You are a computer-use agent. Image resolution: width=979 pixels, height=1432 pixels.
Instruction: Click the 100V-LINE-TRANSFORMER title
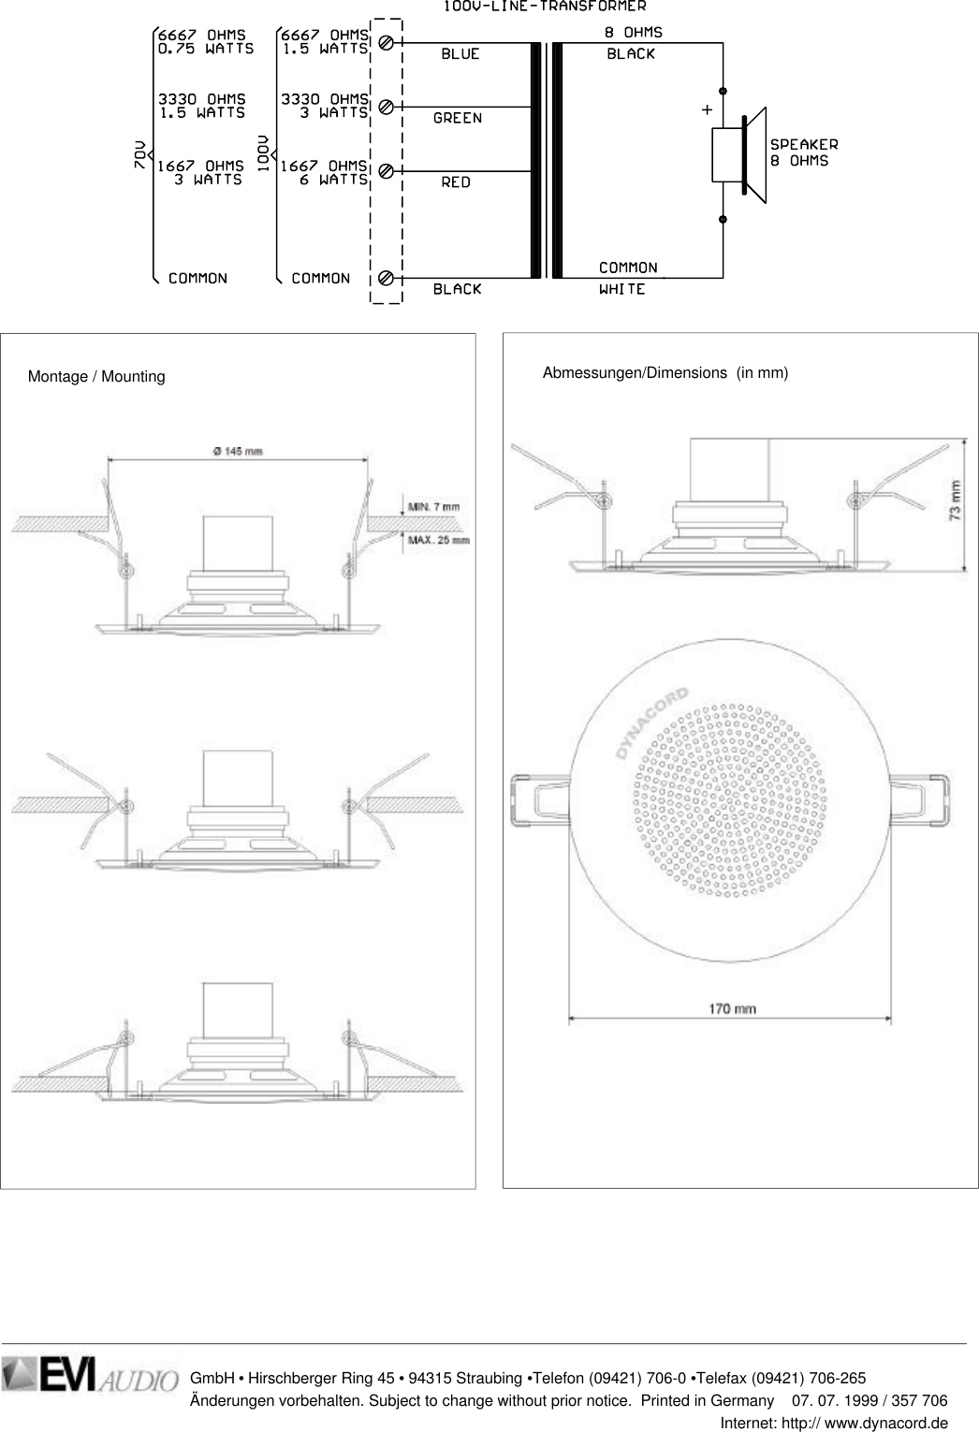[545, 7]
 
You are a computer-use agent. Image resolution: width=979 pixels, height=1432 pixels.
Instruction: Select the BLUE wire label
[460, 54]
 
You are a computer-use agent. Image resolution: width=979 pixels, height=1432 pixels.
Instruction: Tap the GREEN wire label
[458, 119]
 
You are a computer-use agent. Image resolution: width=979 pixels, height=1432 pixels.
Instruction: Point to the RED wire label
[456, 182]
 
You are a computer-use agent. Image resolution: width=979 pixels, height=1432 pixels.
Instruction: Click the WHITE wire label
[622, 290]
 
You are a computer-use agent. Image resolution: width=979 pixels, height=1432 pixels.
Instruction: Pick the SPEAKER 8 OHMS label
[803, 152]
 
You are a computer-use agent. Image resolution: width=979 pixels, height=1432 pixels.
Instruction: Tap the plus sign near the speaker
[706, 110]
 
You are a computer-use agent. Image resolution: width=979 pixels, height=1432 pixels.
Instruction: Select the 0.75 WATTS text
[205, 50]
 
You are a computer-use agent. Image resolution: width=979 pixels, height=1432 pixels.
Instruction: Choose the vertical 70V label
[140, 155]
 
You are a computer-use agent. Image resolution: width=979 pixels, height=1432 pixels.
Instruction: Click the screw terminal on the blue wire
[386, 43]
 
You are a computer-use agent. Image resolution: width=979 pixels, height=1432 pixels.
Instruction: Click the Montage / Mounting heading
[96, 377]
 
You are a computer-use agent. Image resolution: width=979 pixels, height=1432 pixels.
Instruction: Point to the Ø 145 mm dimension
[238, 451]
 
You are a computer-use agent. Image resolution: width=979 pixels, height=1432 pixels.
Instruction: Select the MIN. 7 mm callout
[433, 507]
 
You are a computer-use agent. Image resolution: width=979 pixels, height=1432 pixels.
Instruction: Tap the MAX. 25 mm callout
[436, 541]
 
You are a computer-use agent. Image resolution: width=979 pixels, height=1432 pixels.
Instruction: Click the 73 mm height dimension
[954, 500]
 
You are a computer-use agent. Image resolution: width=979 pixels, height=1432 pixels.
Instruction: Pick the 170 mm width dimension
[732, 1009]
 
